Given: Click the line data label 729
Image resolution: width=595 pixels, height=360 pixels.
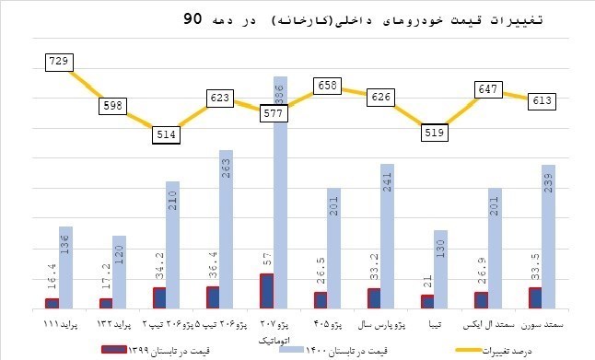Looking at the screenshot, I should coord(61,62).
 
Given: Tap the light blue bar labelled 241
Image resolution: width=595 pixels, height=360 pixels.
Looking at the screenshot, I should coord(387,237).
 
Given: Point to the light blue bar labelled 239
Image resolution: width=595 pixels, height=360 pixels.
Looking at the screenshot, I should coord(548,237).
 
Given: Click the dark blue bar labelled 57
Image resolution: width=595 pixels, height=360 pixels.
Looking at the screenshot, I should coord(266,291).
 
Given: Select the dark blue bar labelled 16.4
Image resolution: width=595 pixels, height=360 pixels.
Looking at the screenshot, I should coord(52,303).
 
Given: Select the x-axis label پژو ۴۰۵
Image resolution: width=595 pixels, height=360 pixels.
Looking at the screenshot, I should coord(326,325).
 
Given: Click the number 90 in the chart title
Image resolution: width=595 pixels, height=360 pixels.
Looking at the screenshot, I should coord(194,17).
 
